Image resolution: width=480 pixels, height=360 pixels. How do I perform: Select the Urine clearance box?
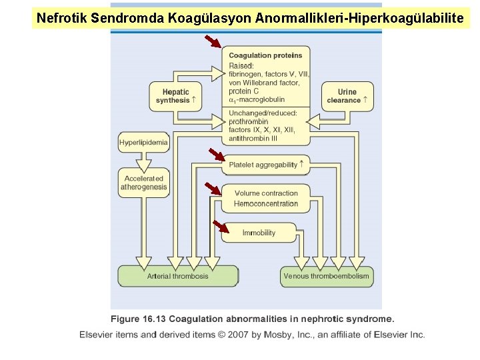click(x=347, y=96)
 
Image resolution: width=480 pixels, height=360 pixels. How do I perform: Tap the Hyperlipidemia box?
click(x=143, y=143)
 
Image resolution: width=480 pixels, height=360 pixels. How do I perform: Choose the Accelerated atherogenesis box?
click(x=143, y=183)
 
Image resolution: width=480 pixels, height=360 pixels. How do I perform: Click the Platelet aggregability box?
click(x=265, y=165)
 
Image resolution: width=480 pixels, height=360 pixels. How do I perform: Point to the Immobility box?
click(x=259, y=233)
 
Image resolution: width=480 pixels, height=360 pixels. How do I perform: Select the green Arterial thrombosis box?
click(x=178, y=276)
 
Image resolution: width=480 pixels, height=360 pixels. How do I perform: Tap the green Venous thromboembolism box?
click(x=326, y=276)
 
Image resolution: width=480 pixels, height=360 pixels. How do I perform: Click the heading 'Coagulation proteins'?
click(x=265, y=55)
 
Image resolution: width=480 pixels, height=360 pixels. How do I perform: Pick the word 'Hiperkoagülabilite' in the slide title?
click(x=414, y=18)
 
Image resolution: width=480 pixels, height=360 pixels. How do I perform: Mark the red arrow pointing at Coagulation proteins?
click(x=213, y=43)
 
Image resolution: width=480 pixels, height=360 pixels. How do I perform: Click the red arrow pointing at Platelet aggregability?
click(x=217, y=155)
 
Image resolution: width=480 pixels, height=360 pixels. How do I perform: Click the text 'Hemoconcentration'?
click(x=266, y=204)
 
